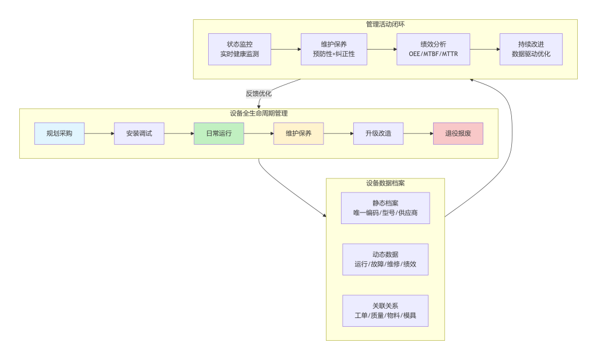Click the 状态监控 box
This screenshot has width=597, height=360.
click(240, 49)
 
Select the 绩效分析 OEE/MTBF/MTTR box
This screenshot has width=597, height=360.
click(433, 49)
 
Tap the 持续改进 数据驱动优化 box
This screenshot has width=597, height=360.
click(531, 49)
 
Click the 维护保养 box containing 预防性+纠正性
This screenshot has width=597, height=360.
click(334, 49)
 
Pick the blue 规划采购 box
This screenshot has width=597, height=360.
click(59, 134)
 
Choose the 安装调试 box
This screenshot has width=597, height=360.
click(139, 134)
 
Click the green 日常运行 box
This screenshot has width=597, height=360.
click(219, 134)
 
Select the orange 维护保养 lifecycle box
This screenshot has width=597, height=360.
click(298, 134)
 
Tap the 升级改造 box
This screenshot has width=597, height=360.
click(378, 134)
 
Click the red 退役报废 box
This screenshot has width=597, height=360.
click(458, 134)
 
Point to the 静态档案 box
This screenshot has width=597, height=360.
click(385, 208)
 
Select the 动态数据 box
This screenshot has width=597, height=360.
click(385, 260)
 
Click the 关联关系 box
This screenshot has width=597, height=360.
click(385, 311)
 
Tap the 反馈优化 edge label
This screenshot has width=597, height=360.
click(259, 93)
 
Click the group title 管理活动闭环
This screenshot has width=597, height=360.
click(385, 25)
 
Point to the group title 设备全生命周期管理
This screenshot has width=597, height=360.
click(259, 113)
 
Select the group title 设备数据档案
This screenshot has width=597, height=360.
click(385, 183)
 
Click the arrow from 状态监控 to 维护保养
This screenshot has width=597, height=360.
click(286, 49)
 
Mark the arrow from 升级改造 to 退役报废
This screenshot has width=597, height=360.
click(418, 134)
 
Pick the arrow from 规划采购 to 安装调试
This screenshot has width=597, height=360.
click(99, 134)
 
